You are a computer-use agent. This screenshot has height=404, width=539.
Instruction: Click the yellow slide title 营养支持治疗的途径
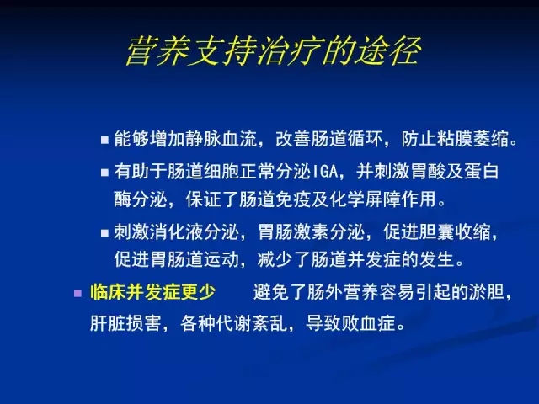tap(274, 51)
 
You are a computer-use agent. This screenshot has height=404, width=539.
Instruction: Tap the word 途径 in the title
tap(388, 51)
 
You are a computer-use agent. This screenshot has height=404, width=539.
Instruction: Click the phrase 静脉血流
tap(221, 140)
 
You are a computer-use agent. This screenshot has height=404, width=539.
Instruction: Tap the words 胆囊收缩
tap(455, 232)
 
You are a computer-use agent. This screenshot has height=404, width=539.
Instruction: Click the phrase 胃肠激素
tap(293, 232)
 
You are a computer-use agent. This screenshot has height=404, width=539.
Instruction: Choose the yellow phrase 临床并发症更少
tap(153, 292)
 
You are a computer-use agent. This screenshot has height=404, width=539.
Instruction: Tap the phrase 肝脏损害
tap(125, 323)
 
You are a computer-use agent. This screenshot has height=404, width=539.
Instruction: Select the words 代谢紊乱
tap(252, 323)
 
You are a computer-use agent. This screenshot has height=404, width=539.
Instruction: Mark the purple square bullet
tap(78, 294)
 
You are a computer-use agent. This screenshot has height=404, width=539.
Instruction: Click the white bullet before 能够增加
tap(104, 141)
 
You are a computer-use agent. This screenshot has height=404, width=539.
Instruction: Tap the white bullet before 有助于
tap(104, 172)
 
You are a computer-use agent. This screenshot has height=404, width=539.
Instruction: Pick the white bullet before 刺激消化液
tap(104, 233)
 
